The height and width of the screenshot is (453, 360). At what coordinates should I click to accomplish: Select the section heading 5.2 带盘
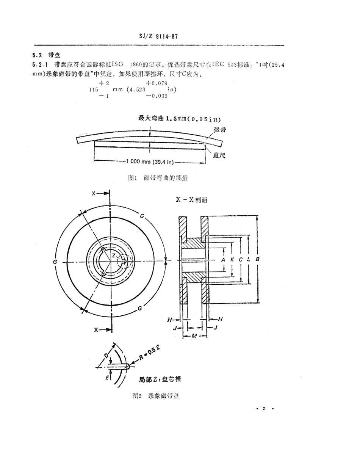tap(45, 55)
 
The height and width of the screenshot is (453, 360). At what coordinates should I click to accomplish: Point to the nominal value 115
tap(94, 90)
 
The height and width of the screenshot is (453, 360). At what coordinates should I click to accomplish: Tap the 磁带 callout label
tap(220, 130)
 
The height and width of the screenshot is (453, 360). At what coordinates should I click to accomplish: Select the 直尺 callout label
tap(219, 155)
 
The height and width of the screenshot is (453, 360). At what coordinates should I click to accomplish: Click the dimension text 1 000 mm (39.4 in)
tap(150, 163)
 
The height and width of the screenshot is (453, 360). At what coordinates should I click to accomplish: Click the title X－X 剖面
tap(191, 200)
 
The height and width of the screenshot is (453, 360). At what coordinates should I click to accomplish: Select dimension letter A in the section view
tap(223, 260)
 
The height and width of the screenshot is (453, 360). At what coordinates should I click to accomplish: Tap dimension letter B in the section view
tap(257, 260)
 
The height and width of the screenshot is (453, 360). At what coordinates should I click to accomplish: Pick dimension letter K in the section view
tap(232, 260)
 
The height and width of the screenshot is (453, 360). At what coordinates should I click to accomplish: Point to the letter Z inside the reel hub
tap(113, 256)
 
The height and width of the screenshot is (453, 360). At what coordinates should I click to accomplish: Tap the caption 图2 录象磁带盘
tap(155, 396)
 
